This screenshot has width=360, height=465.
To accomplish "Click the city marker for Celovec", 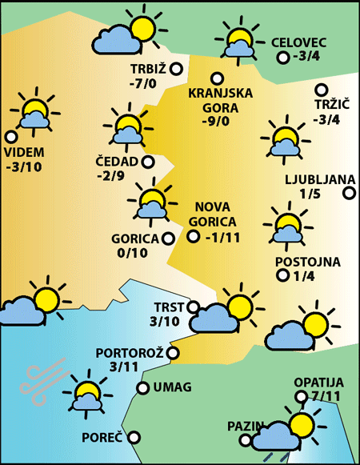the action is (282, 58).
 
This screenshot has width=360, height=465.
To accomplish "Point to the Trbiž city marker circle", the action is (176, 70).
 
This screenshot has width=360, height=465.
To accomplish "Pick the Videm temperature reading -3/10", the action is (26, 166).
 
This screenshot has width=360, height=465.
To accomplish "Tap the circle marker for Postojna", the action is (282, 276).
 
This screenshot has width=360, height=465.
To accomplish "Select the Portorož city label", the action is (129, 352).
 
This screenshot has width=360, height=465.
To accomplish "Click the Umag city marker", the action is (142, 388).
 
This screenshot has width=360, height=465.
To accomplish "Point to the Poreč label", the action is (102, 438).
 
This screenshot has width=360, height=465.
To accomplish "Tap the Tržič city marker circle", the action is (322, 91).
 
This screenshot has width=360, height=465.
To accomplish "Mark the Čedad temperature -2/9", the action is (110, 176).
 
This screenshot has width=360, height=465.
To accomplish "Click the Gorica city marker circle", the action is (167, 238).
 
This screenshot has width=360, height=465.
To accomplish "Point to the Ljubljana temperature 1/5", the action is (309, 193).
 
